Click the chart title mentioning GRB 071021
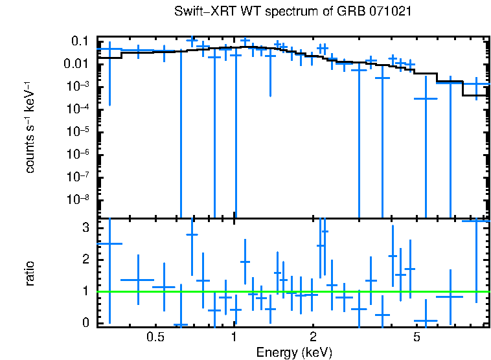(293, 12)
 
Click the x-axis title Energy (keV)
(294, 352)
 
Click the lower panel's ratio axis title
(30, 274)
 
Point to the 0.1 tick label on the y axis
(80, 41)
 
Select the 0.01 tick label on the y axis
(78, 64)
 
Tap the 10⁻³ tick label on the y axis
(79, 87)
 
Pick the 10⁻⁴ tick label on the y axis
(79, 109)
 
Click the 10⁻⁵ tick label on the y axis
(79, 131)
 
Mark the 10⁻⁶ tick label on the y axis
(79, 154)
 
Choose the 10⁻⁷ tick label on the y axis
(79, 177)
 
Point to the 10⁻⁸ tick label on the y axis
(79, 199)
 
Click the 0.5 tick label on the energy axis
(155, 337)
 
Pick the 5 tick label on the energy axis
(417, 337)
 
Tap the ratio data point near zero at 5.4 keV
(426, 321)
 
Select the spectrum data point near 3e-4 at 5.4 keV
(426, 98)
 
